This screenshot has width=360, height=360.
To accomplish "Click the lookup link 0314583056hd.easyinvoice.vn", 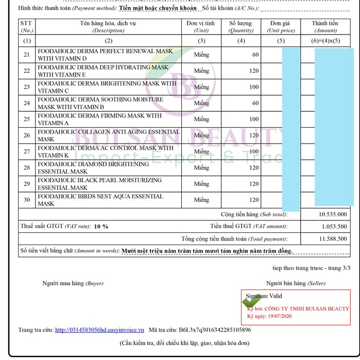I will [99, 330].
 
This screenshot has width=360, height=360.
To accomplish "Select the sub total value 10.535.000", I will [332, 214].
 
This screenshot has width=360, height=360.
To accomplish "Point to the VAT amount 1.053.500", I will [334, 226].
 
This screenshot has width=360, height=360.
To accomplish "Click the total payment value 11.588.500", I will [332, 238].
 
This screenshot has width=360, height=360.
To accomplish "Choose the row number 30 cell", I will [27, 200].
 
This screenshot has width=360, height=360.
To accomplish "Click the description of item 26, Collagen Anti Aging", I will [108, 135].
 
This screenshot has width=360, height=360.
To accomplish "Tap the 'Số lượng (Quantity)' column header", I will [241, 27].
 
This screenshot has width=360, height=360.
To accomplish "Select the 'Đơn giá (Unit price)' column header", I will [280, 27].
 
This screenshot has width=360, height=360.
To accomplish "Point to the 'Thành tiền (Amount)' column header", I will [325, 27].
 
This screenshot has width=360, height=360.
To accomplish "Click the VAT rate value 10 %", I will [101, 226].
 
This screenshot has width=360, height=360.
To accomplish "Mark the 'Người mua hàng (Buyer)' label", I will [73, 283].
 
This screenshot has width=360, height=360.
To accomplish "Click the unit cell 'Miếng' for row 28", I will [201, 168].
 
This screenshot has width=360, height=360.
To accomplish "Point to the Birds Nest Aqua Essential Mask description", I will [100, 200].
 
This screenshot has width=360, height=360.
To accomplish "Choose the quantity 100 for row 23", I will [253, 87].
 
